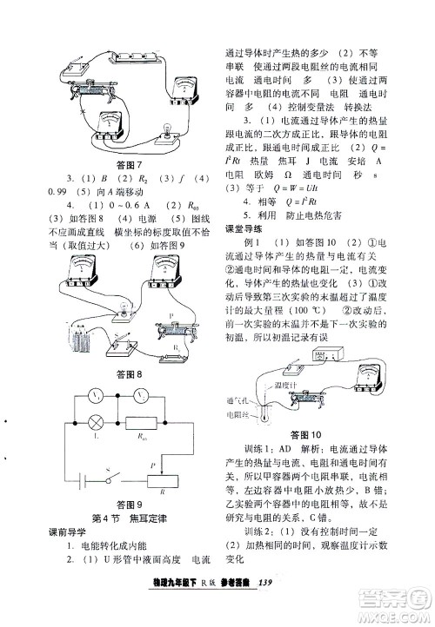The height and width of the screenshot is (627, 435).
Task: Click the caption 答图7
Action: pyautogui.click(x=127, y=166)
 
